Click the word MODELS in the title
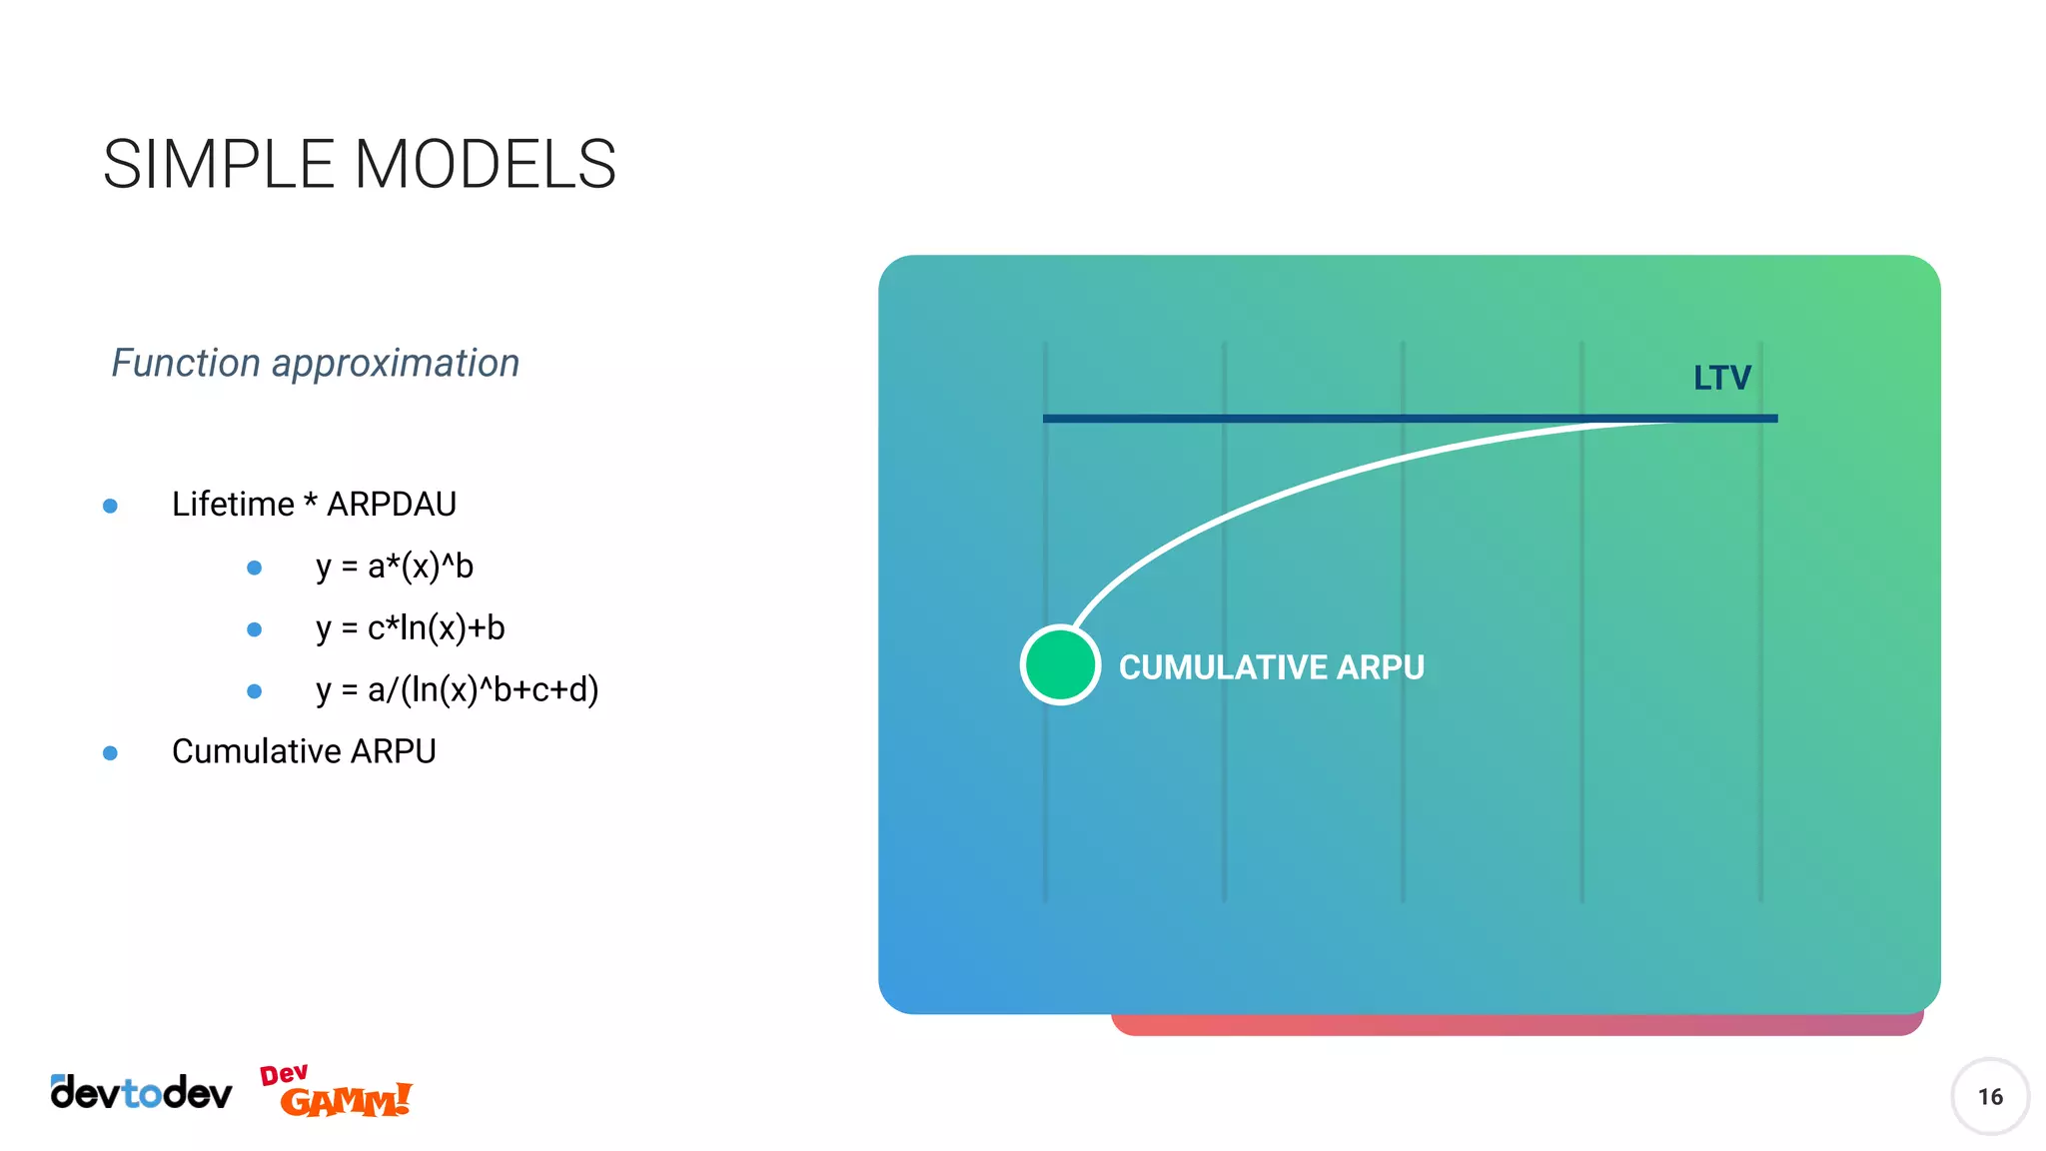pyautogui.click(x=485, y=165)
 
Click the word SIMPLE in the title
pyautogui.click(x=218, y=165)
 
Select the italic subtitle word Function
pyautogui.click(x=186, y=363)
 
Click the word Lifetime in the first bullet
pyautogui.click(x=233, y=505)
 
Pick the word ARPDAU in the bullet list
pyautogui.click(x=392, y=505)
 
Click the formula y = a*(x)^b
pyautogui.click(x=395, y=567)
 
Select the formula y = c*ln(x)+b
pyautogui.click(x=411, y=628)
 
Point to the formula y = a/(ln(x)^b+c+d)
pyautogui.click(x=457, y=690)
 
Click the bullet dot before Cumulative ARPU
pyautogui.click(x=111, y=752)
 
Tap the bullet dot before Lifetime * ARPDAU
pyautogui.click(x=111, y=507)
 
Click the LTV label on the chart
pyautogui.click(x=1721, y=378)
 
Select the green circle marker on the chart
pyautogui.click(x=1060, y=665)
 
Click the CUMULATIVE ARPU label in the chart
pyautogui.click(x=1271, y=667)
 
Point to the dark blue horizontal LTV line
pyautogui.click(x=1299, y=419)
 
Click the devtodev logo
pyautogui.click(x=141, y=1093)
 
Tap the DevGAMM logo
pyautogui.click(x=337, y=1092)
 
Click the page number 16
pyautogui.click(x=1989, y=1097)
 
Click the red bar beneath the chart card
pyautogui.click(x=1517, y=1025)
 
